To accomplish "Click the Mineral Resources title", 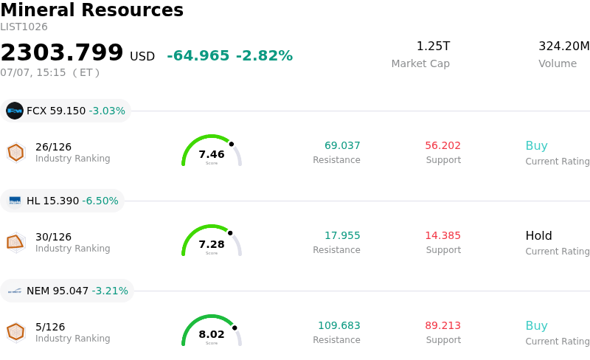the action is pyautogui.click(x=91, y=10).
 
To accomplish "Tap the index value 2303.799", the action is pyautogui.click(x=62, y=52).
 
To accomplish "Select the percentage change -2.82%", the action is pyautogui.click(x=264, y=56).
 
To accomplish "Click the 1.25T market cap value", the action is pyautogui.click(x=433, y=46).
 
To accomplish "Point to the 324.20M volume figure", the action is pyautogui.click(x=563, y=46).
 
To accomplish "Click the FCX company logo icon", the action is pyautogui.click(x=15, y=111).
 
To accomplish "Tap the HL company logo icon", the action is pyautogui.click(x=15, y=201).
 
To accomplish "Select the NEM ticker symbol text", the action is pyautogui.click(x=38, y=291).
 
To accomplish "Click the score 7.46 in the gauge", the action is pyautogui.click(x=212, y=154).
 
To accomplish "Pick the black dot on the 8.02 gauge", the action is pyautogui.click(x=235, y=328).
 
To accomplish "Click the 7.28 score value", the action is pyautogui.click(x=212, y=244).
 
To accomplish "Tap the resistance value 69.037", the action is pyautogui.click(x=342, y=145).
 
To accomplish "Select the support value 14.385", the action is pyautogui.click(x=443, y=235).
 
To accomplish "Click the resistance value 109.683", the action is pyautogui.click(x=339, y=325).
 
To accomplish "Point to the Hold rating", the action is pyautogui.click(x=539, y=236).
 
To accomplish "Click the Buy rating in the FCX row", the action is pyautogui.click(x=537, y=146).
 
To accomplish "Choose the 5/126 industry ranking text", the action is pyautogui.click(x=50, y=327).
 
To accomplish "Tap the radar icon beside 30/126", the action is pyautogui.click(x=15, y=243).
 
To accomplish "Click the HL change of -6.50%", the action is pyautogui.click(x=100, y=201).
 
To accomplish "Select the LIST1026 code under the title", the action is pyautogui.click(x=24, y=27).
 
